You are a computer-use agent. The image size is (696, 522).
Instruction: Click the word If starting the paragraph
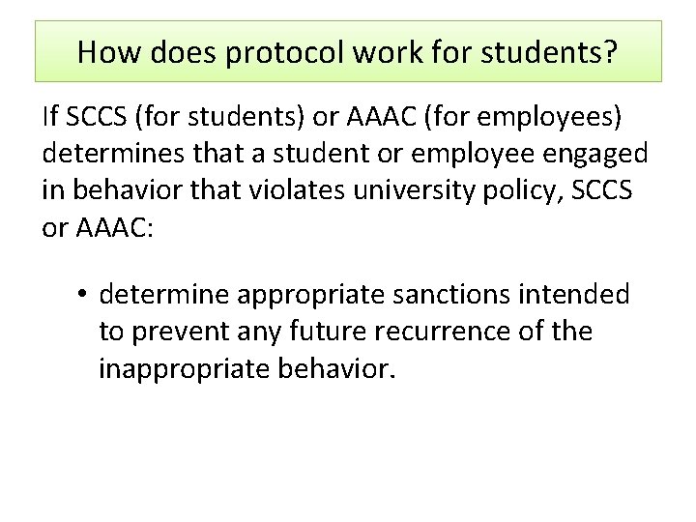[x=50, y=118]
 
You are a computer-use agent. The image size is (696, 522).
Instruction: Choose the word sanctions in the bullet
[x=467, y=294]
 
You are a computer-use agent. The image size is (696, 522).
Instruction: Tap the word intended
[x=584, y=294]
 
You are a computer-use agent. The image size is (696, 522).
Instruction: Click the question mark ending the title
[x=610, y=52]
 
